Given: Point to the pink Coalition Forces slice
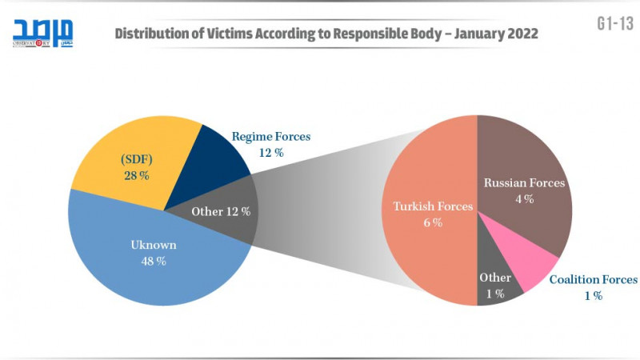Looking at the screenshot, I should [x=532, y=264].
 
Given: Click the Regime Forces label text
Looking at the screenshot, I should [x=271, y=137].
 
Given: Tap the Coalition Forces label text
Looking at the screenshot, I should [x=593, y=279].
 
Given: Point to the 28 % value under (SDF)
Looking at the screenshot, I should [x=136, y=175].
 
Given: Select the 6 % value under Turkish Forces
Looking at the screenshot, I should [x=432, y=222].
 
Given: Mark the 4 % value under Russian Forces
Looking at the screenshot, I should [x=524, y=198].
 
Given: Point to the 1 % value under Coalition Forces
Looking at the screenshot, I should [x=593, y=295].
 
